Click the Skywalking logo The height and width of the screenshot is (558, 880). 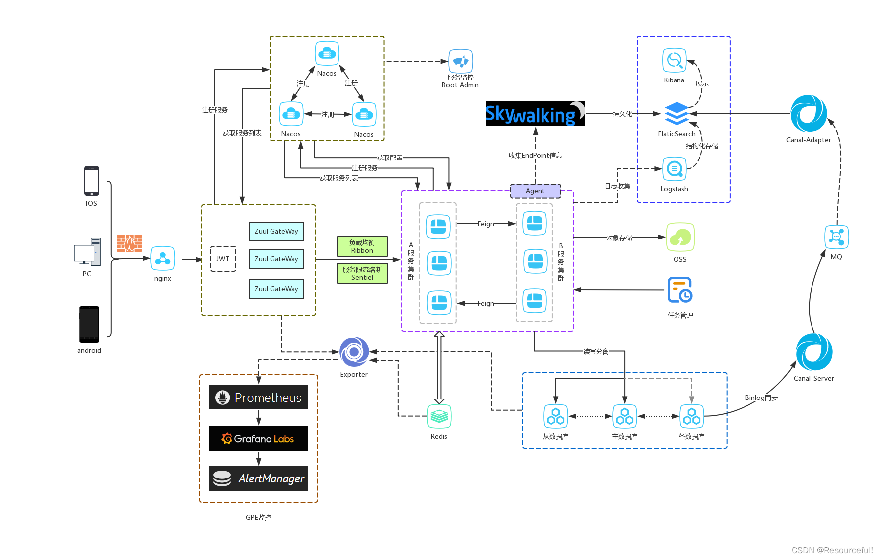pos(535,114)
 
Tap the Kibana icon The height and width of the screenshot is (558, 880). pos(674,61)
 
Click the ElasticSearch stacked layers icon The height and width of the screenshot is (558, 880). pos(677,114)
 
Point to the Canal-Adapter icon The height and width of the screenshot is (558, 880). pos(809,113)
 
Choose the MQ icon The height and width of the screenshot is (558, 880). pos(836,237)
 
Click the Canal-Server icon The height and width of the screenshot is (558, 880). pos(814,352)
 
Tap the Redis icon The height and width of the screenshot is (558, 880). pos(439,416)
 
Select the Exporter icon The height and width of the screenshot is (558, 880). pos(354,352)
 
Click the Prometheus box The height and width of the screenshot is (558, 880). pos(258,397)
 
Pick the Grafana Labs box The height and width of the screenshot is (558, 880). pos(258,439)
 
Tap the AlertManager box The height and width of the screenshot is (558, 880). pos(258,478)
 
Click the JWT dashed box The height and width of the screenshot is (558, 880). pos(223,259)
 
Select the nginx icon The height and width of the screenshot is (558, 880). pos(163,258)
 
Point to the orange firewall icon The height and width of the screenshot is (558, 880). pos(130,243)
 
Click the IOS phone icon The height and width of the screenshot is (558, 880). pos(91,181)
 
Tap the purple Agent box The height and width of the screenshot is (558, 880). pos(535,191)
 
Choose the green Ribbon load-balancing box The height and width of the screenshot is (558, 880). pos(362,246)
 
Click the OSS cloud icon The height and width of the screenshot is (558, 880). pos(680,238)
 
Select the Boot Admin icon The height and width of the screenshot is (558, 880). pos(460,62)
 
